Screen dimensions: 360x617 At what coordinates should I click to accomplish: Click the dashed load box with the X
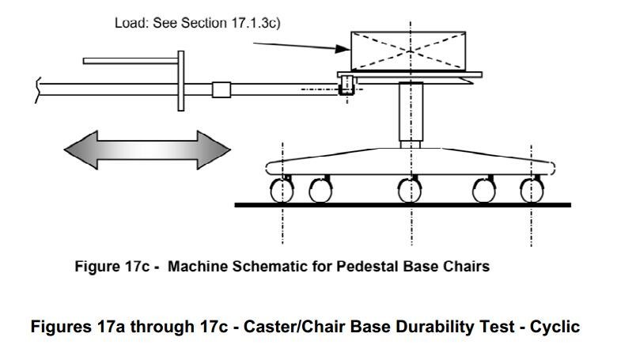[409, 50]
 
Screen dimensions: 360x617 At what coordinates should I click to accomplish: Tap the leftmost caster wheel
[282, 191]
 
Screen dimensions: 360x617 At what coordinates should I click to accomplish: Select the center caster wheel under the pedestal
[410, 191]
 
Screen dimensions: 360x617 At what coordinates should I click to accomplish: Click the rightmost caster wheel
[532, 191]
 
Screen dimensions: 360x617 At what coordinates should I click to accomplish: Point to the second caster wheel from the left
[320, 191]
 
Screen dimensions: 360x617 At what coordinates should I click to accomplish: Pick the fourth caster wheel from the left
[484, 191]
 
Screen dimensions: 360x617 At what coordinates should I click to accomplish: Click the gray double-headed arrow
[147, 148]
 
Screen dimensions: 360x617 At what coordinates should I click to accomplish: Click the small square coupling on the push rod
[221, 89]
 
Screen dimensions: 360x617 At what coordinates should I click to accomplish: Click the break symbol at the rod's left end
[38, 89]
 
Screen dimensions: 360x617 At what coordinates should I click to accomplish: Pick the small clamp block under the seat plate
[345, 88]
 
